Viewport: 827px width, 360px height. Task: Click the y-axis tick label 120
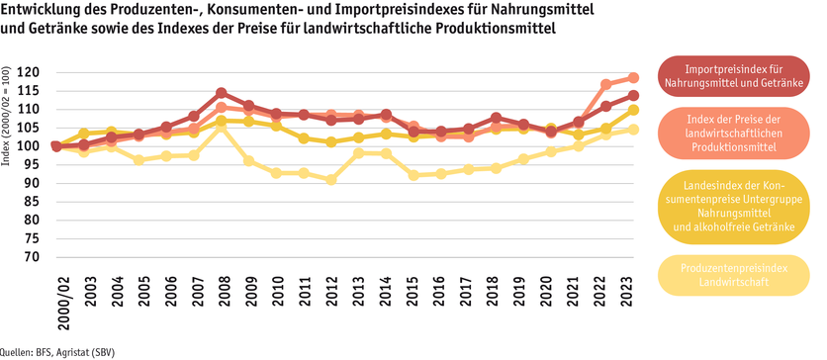[x=29, y=72]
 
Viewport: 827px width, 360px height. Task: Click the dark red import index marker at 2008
[x=222, y=93]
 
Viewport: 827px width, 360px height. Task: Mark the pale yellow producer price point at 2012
[x=331, y=180]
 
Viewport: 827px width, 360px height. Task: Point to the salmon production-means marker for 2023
[x=633, y=77]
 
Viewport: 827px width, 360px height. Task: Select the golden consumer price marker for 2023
[x=633, y=110]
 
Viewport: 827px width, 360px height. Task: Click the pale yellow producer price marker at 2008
[x=222, y=128]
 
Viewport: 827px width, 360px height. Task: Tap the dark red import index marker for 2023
[x=633, y=95]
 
